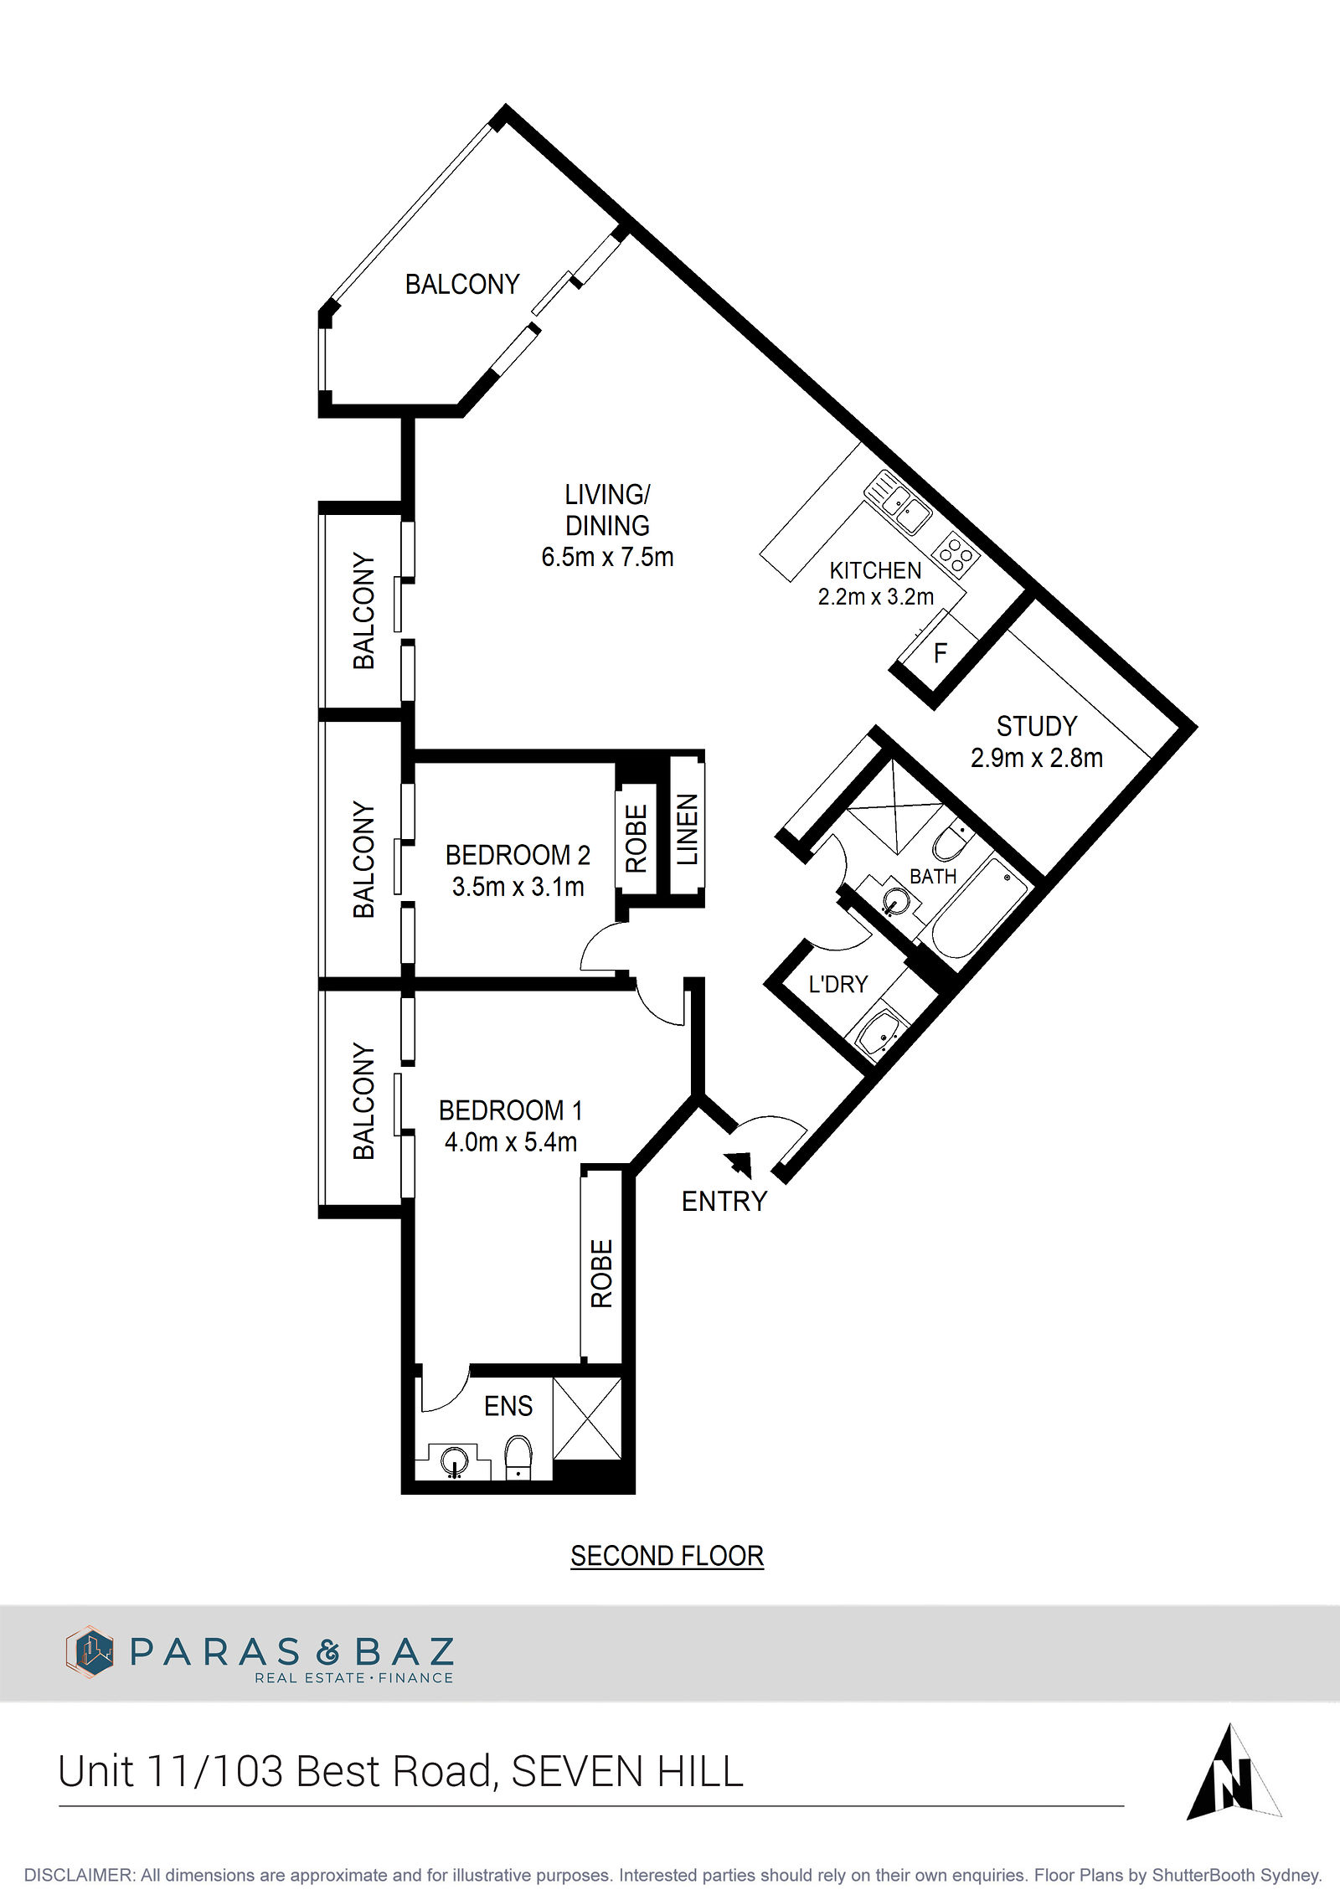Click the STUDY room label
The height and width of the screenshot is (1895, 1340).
tap(1037, 726)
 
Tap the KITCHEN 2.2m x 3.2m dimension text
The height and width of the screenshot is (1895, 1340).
tap(876, 597)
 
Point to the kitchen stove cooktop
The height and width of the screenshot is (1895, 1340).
tap(956, 554)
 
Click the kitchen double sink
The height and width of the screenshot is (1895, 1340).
tap(899, 502)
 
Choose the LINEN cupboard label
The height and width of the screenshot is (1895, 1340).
tap(688, 830)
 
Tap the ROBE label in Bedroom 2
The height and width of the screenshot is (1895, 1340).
tap(636, 838)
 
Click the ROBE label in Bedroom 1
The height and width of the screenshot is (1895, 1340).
tap(602, 1273)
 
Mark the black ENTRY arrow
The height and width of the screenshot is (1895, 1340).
tap(739, 1165)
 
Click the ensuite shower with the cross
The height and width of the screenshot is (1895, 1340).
tap(587, 1419)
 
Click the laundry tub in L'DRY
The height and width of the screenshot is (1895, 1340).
tap(878, 1031)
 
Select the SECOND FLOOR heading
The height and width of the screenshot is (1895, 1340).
tap(667, 1556)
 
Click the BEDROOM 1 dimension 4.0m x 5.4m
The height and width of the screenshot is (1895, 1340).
tap(511, 1142)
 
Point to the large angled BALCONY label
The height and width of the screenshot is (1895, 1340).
tap(462, 285)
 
